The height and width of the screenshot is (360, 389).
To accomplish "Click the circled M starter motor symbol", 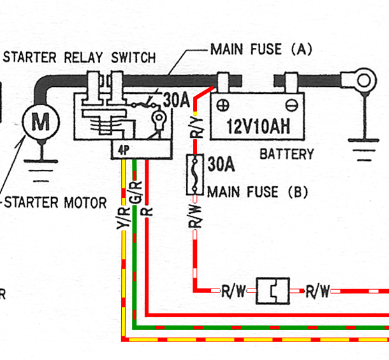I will coord(40,121).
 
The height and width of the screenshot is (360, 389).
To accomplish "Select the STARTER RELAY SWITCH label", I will coord(79,57).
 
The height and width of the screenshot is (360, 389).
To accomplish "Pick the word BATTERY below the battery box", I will coord(286,154).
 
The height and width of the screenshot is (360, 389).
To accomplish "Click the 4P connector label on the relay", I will coord(122,151).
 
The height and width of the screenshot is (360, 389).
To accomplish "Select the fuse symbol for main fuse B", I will coord(194,174).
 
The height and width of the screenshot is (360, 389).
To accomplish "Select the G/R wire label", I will coord(135,193).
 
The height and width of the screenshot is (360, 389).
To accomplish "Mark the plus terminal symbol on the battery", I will coord(223,104).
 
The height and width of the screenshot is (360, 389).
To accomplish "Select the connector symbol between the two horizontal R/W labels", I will coord(272,291).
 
